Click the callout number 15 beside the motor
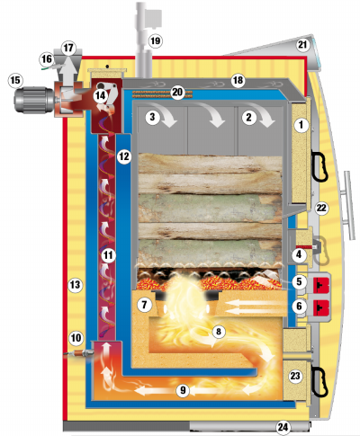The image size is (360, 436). tap(15, 80)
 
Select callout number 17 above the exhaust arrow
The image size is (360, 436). tap(68, 48)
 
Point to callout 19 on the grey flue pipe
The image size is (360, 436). tap(155, 40)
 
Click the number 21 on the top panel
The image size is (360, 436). tap(302, 45)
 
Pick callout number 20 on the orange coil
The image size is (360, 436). tap(177, 92)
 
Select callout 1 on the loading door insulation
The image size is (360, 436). tap(301, 125)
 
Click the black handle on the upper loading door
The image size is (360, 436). tap(320, 166)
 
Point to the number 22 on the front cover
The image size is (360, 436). tap(321, 208)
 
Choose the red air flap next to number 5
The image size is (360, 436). tap(321, 284)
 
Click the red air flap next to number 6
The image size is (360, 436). tap(321, 308)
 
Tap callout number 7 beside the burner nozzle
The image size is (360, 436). tap(144, 305)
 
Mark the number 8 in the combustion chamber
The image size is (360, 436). tap(218, 332)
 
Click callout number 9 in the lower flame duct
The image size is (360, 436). tap(183, 390)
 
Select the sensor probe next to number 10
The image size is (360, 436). tap(78, 354)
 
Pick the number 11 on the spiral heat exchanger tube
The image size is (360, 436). tap(108, 255)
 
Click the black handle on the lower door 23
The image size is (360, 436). tap(319, 382)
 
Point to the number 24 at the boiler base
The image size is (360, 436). tap(283, 427)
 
